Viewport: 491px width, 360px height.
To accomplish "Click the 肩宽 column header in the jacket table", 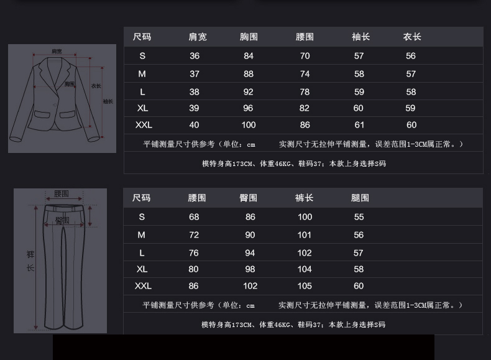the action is pyautogui.click(x=198, y=37).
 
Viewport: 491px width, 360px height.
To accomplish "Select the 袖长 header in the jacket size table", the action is pyautogui.click(x=360, y=37).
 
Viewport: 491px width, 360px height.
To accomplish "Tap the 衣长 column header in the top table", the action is pyautogui.click(x=411, y=37).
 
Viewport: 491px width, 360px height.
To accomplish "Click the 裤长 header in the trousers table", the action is pyautogui.click(x=304, y=198).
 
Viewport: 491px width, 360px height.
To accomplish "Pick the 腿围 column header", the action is pyautogui.click(x=360, y=198).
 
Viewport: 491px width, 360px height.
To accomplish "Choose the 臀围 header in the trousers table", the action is pyautogui.click(x=248, y=198).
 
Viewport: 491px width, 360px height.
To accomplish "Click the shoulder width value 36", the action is pyautogui.click(x=195, y=56).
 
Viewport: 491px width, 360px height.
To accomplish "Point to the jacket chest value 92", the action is pyautogui.click(x=249, y=91).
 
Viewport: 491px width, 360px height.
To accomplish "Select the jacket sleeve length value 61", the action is pyautogui.click(x=359, y=125).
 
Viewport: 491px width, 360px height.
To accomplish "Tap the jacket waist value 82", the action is pyautogui.click(x=305, y=108).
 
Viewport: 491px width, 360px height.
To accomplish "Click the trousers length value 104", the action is pyautogui.click(x=305, y=269).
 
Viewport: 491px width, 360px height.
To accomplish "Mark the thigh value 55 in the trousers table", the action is pyautogui.click(x=359, y=217).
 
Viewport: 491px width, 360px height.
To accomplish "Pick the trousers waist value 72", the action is pyautogui.click(x=194, y=235).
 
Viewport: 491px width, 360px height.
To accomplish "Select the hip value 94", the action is pyautogui.click(x=250, y=253).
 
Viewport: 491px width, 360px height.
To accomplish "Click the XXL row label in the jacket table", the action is pyautogui.click(x=144, y=125).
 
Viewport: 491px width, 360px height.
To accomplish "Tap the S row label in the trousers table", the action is pyautogui.click(x=142, y=217).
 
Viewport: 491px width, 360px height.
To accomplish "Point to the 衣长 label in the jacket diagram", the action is pyautogui.click(x=96, y=86).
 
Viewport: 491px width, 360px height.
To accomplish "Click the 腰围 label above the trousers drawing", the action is pyautogui.click(x=61, y=194).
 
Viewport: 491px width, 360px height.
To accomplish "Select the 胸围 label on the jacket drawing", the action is pyautogui.click(x=70, y=84).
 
